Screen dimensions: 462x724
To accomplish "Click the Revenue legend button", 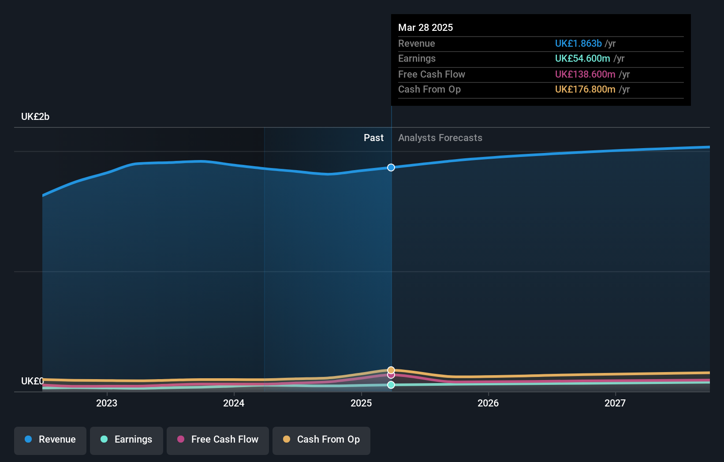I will click(x=50, y=440).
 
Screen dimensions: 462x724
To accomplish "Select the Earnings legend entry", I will click(x=127, y=440).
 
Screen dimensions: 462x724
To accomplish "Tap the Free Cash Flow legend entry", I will click(x=218, y=440).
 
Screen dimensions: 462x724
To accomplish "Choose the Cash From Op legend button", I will click(x=321, y=440).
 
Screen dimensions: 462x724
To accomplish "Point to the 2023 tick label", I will click(x=107, y=403).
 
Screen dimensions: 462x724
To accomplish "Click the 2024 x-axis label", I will click(x=234, y=403).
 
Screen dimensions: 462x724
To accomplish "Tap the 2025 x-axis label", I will click(x=361, y=403).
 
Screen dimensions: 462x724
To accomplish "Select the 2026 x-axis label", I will click(x=488, y=403).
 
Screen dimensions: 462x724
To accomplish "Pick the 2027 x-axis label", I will click(x=615, y=403).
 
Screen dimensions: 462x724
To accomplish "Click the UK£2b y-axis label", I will click(x=35, y=117).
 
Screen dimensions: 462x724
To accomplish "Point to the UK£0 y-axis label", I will click(x=32, y=381).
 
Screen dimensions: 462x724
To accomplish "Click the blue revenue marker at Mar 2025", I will click(x=391, y=168).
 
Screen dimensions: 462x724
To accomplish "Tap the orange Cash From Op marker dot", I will click(x=391, y=370).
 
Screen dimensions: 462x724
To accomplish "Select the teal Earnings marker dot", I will click(x=391, y=385).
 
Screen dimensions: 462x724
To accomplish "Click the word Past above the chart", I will click(x=373, y=138).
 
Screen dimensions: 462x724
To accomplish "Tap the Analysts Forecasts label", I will click(x=440, y=138).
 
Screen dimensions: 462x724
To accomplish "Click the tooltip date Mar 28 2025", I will click(x=425, y=27).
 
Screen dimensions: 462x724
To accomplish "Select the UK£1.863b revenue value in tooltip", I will click(x=578, y=44).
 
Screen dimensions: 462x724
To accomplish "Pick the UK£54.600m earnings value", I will click(x=582, y=59).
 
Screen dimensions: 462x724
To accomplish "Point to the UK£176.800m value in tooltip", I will click(x=585, y=89).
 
